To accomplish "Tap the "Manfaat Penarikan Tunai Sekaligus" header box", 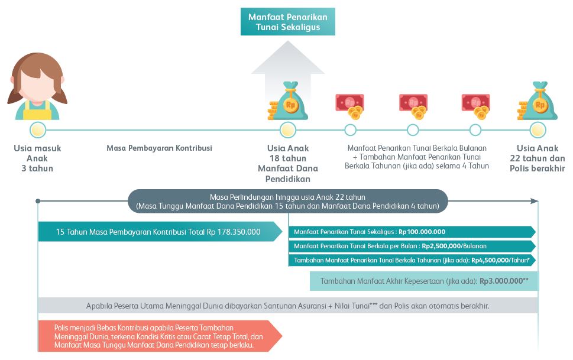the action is pyautogui.click(x=288, y=22).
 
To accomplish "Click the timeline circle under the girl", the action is pyautogui.click(x=38, y=129).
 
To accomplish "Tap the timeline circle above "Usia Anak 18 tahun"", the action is pyautogui.click(x=288, y=129).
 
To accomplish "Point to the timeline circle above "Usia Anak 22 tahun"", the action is pyautogui.click(x=538, y=129).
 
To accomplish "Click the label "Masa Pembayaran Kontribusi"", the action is pyautogui.click(x=159, y=148).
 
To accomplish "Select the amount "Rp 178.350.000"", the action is pyautogui.click(x=234, y=232).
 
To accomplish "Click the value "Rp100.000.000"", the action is pyautogui.click(x=422, y=232).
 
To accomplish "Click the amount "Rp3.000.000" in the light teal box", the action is pyautogui.click(x=501, y=281).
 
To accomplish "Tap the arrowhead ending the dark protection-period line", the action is pyautogui.click(x=535, y=201).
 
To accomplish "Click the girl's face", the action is pyautogui.click(x=37, y=87).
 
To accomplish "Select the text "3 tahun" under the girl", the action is pyautogui.click(x=37, y=168).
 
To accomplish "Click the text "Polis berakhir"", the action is pyautogui.click(x=537, y=168).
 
